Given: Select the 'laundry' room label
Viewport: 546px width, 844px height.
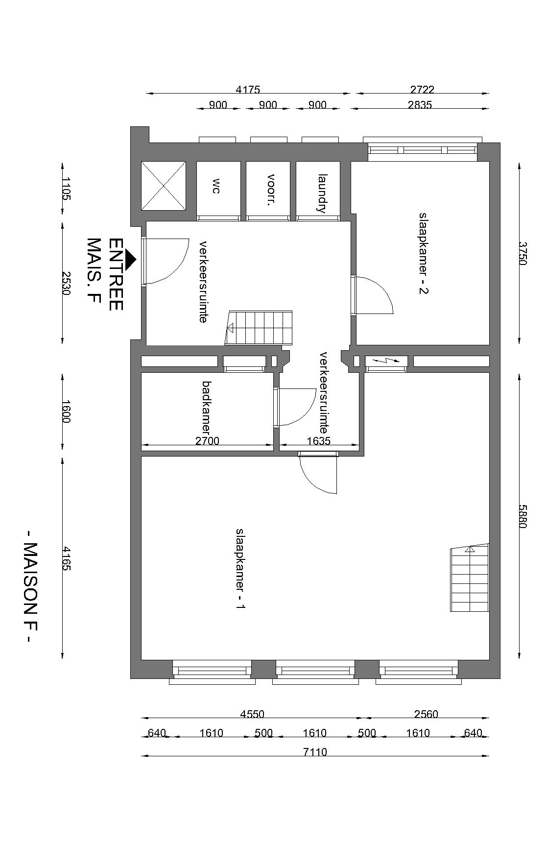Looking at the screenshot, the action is (x=322, y=193).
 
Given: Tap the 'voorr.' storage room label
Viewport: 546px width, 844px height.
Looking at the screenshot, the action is (x=270, y=190).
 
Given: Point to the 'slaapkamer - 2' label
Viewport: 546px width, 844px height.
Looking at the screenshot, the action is (x=423, y=253).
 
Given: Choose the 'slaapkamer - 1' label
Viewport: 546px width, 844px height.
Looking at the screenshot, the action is (x=240, y=569).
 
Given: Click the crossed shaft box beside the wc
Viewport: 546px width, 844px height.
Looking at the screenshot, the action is (x=164, y=186).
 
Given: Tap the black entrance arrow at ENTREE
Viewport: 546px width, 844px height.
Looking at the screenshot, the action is (x=130, y=260).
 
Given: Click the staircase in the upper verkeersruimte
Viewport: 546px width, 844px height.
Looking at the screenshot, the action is (x=259, y=328).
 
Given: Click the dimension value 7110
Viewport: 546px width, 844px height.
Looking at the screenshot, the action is (x=315, y=751).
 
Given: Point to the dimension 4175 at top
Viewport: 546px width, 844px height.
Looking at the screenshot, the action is (x=248, y=90).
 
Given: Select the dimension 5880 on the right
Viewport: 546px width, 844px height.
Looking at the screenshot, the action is (x=522, y=516).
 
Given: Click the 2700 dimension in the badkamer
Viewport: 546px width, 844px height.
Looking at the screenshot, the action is (x=208, y=441).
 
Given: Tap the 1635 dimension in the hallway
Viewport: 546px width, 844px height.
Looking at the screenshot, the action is (x=319, y=441).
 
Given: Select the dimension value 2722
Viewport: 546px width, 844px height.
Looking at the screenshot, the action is (x=422, y=90).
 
